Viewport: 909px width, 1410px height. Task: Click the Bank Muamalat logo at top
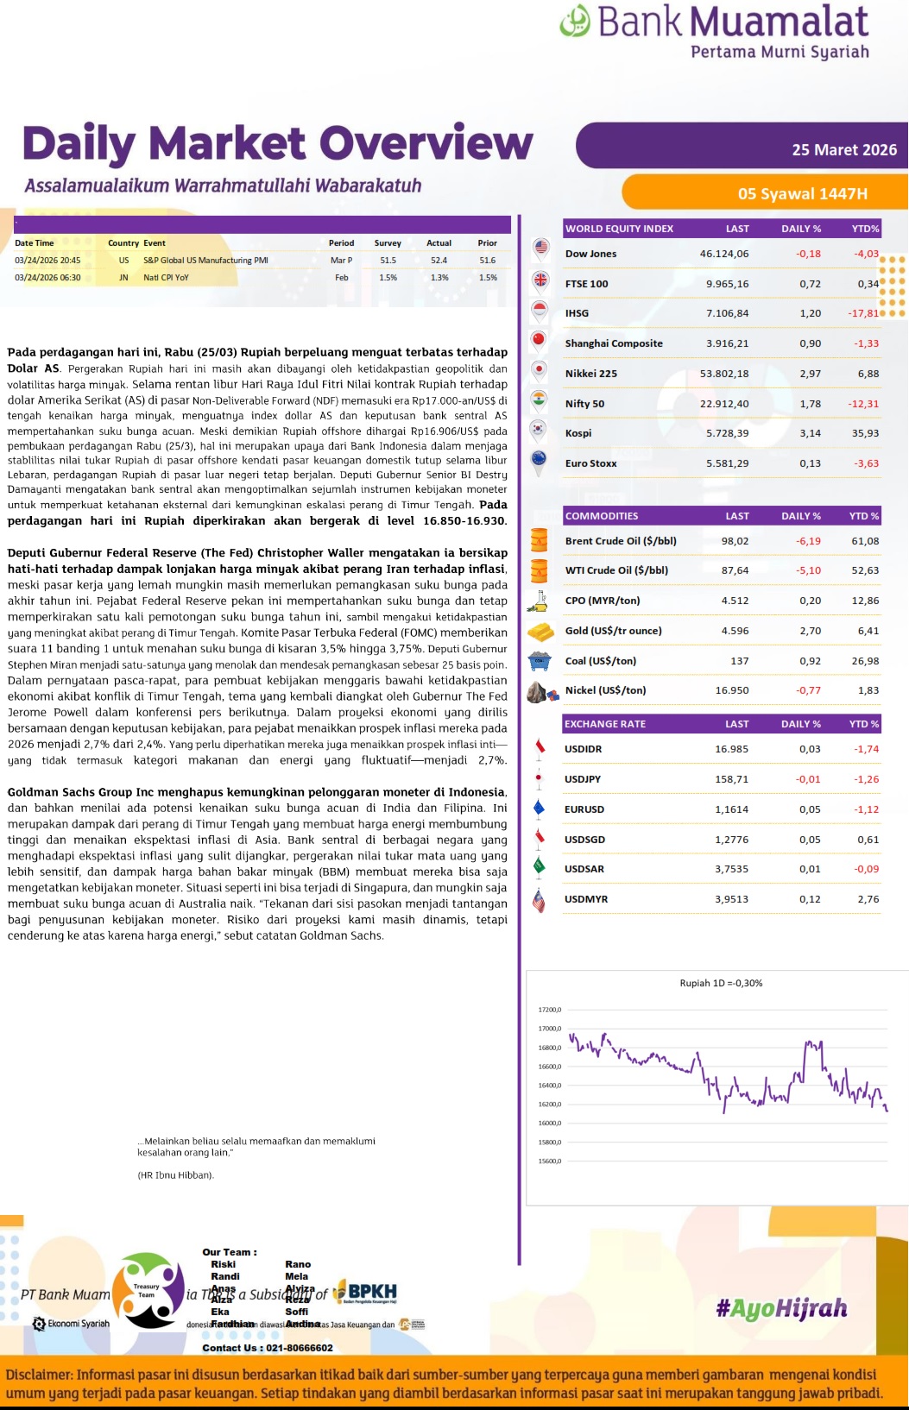coord(714,31)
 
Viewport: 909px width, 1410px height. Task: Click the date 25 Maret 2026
coord(843,150)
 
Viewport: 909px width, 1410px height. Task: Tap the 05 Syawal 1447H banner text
coord(802,193)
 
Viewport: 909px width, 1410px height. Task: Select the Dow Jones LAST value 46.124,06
coord(723,254)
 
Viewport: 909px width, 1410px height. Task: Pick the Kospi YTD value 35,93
coord(865,433)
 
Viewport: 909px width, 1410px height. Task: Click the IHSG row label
coord(577,313)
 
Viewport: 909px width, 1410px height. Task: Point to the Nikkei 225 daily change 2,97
coord(810,374)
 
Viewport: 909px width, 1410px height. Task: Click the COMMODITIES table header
coord(602,516)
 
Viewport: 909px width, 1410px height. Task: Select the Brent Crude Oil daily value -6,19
coord(808,541)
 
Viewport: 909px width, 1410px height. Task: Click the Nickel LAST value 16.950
coord(731,690)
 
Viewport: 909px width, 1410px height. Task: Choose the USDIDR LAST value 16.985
coord(731,749)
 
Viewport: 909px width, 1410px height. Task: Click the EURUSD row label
coord(584,809)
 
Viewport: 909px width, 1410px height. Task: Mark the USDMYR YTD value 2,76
coord(868,899)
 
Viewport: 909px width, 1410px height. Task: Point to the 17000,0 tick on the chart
coord(549,1029)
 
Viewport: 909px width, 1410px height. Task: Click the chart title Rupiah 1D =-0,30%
coord(721,983)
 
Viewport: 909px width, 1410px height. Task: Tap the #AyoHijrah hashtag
coord(781,1308)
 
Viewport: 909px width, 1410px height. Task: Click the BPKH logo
coord(366,1293)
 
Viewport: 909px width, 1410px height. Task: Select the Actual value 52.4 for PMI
coord(439,260)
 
